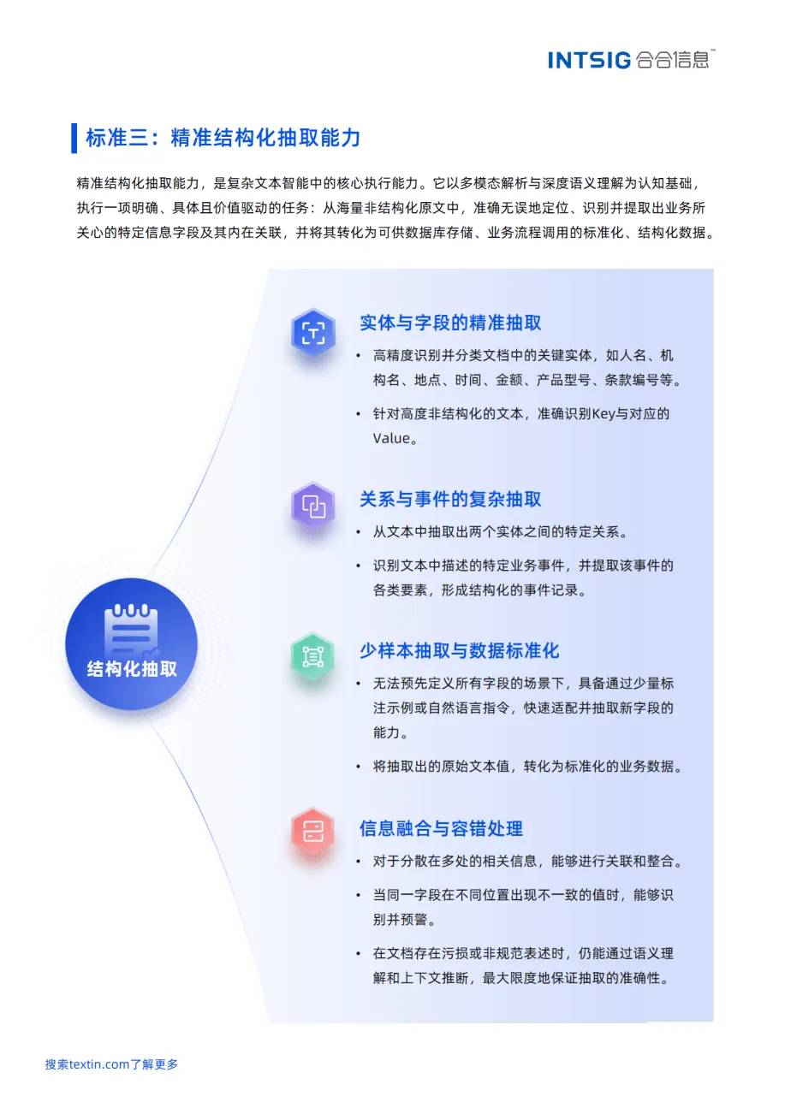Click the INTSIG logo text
589,60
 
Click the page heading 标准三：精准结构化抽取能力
223,138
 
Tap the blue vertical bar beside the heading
74,138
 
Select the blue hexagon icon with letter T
313,332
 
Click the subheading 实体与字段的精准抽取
450,323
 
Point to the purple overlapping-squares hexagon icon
313,507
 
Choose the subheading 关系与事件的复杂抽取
450,499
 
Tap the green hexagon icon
313,657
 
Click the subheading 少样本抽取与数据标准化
459,650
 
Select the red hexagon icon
313,830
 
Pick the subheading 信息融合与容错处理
441,828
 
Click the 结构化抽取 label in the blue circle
132,669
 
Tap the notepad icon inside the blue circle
131,631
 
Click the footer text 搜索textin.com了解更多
111,1064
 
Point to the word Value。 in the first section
395,439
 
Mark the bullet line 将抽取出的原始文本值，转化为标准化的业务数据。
527,767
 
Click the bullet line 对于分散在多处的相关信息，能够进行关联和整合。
527,862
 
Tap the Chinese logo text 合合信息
674,60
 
